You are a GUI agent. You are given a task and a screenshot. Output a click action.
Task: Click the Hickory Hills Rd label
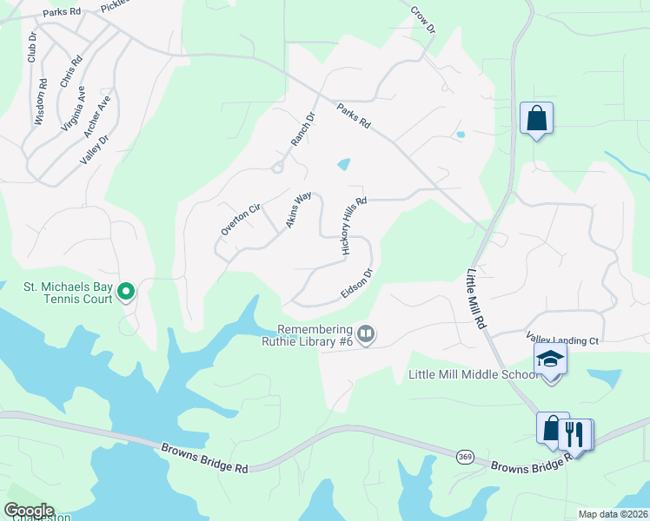tap(354, 225)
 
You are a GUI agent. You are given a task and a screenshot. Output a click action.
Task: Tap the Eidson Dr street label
tap(356, 283)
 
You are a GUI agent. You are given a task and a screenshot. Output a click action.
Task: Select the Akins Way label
tap(298, 211)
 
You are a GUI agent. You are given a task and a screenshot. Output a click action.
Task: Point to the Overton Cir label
tap(241, 219)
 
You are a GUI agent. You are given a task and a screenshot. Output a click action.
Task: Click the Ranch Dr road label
tap(302, 129)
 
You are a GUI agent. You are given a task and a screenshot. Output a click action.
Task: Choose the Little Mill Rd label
tap(475, 297)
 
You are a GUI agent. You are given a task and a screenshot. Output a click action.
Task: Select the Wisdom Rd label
tap(41, 102)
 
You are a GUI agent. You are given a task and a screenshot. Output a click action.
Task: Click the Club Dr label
tap(32, 47)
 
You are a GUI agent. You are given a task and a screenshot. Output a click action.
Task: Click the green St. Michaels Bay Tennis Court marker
tap(126, 292)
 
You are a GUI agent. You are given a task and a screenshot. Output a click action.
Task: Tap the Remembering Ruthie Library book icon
tap(366, 333)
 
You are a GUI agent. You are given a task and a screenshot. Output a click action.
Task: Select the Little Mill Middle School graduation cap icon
tap(550, 359)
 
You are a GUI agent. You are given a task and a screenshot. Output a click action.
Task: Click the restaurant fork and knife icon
tap(574, 432)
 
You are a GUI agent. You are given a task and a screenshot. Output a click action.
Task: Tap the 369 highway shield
tap(466, 458)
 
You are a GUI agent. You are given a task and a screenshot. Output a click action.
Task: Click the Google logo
tap(29, 511)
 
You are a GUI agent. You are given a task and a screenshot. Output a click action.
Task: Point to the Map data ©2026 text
tap(613, 514)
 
